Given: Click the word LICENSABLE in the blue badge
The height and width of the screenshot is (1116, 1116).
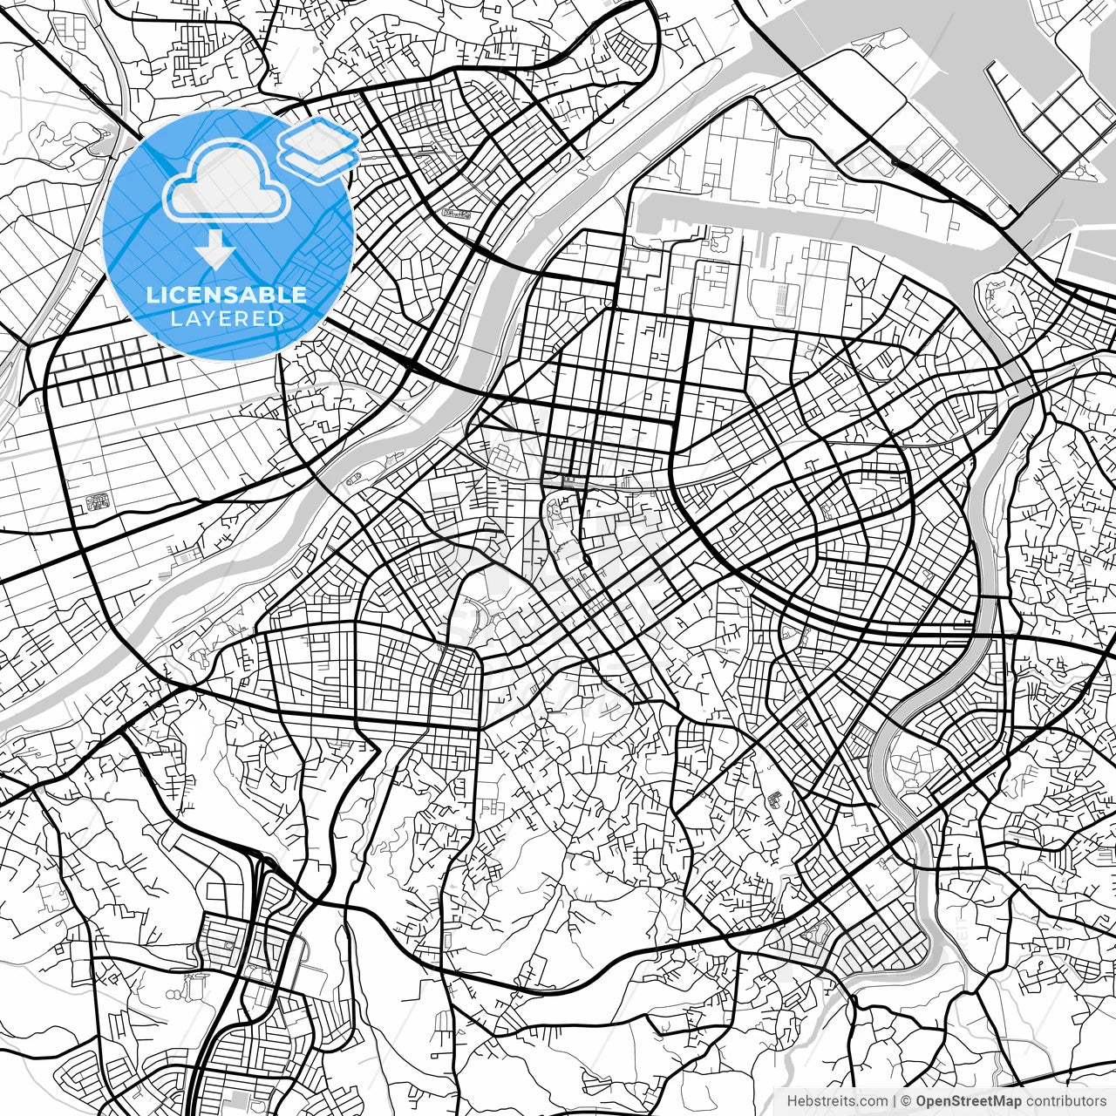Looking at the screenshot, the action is (x=227, y=295).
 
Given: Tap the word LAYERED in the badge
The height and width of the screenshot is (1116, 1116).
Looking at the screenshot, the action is (x=227, y=318).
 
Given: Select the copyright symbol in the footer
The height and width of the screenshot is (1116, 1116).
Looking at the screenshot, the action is (x=906, y=1101).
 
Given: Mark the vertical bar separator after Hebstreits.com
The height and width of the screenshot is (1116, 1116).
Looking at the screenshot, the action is (x=895, y=1101).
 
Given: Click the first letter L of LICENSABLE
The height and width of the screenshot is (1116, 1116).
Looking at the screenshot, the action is (x=152, y=295).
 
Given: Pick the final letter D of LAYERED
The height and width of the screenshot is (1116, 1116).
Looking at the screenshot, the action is (x=276, y=318).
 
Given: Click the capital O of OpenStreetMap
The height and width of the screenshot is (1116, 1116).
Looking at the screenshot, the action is (x=922, y=1101).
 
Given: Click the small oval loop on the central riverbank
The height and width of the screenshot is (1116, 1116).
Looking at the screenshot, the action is (x=354, y=479).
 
